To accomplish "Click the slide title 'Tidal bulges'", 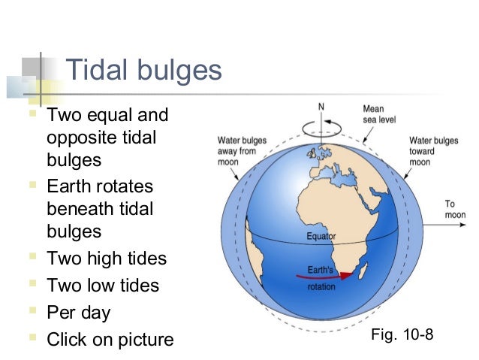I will (x=144, y=71).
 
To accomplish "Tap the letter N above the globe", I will (x=321, y=106).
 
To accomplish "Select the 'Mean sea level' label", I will (x=379, y=114).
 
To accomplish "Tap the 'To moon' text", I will (x=454, y=209).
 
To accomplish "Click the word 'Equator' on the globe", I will (x=321, y=237).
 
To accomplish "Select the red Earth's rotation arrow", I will (x=324, y=275).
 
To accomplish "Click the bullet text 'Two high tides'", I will (x=107, y=259).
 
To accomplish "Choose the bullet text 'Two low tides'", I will (x=103, y=286).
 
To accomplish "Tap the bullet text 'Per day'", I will (x=78, y=313).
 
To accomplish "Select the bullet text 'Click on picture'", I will (x=110, y=340).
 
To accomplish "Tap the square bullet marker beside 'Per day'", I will (x=32, y=312).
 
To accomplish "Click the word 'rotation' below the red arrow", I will (x=321, y=286).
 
